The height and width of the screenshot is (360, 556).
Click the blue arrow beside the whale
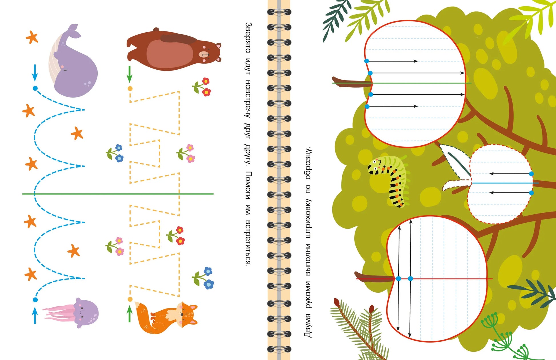35,73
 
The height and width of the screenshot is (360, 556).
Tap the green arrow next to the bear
129,74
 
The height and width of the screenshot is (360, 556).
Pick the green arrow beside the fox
129,314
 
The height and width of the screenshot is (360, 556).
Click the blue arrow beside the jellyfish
35,315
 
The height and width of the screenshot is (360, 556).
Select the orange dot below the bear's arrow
130,89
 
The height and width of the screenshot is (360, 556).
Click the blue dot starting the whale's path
35,89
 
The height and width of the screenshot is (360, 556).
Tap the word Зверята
248,37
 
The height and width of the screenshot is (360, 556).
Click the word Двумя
308,325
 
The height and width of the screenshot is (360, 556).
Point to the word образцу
308,163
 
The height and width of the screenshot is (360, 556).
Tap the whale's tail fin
73,31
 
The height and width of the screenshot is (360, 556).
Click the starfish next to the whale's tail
32,37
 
